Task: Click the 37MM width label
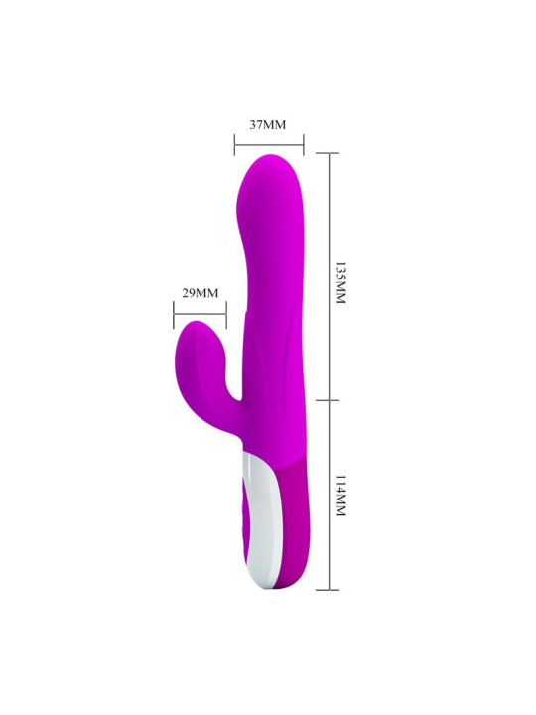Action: click(x=267, y=125)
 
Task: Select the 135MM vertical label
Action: click(x=340, y=283)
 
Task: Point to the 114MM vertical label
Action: click(x=340, y=496)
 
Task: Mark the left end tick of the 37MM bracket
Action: click(x=235, y=145)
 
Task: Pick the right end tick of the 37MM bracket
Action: click(x=304, y=145)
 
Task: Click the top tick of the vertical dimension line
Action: click(x=328, y=153)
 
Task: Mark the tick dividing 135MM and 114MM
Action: click(x=328, y=398)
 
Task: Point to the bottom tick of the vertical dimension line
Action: click(x=328, y=590)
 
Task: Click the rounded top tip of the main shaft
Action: click(x=268, y=161)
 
